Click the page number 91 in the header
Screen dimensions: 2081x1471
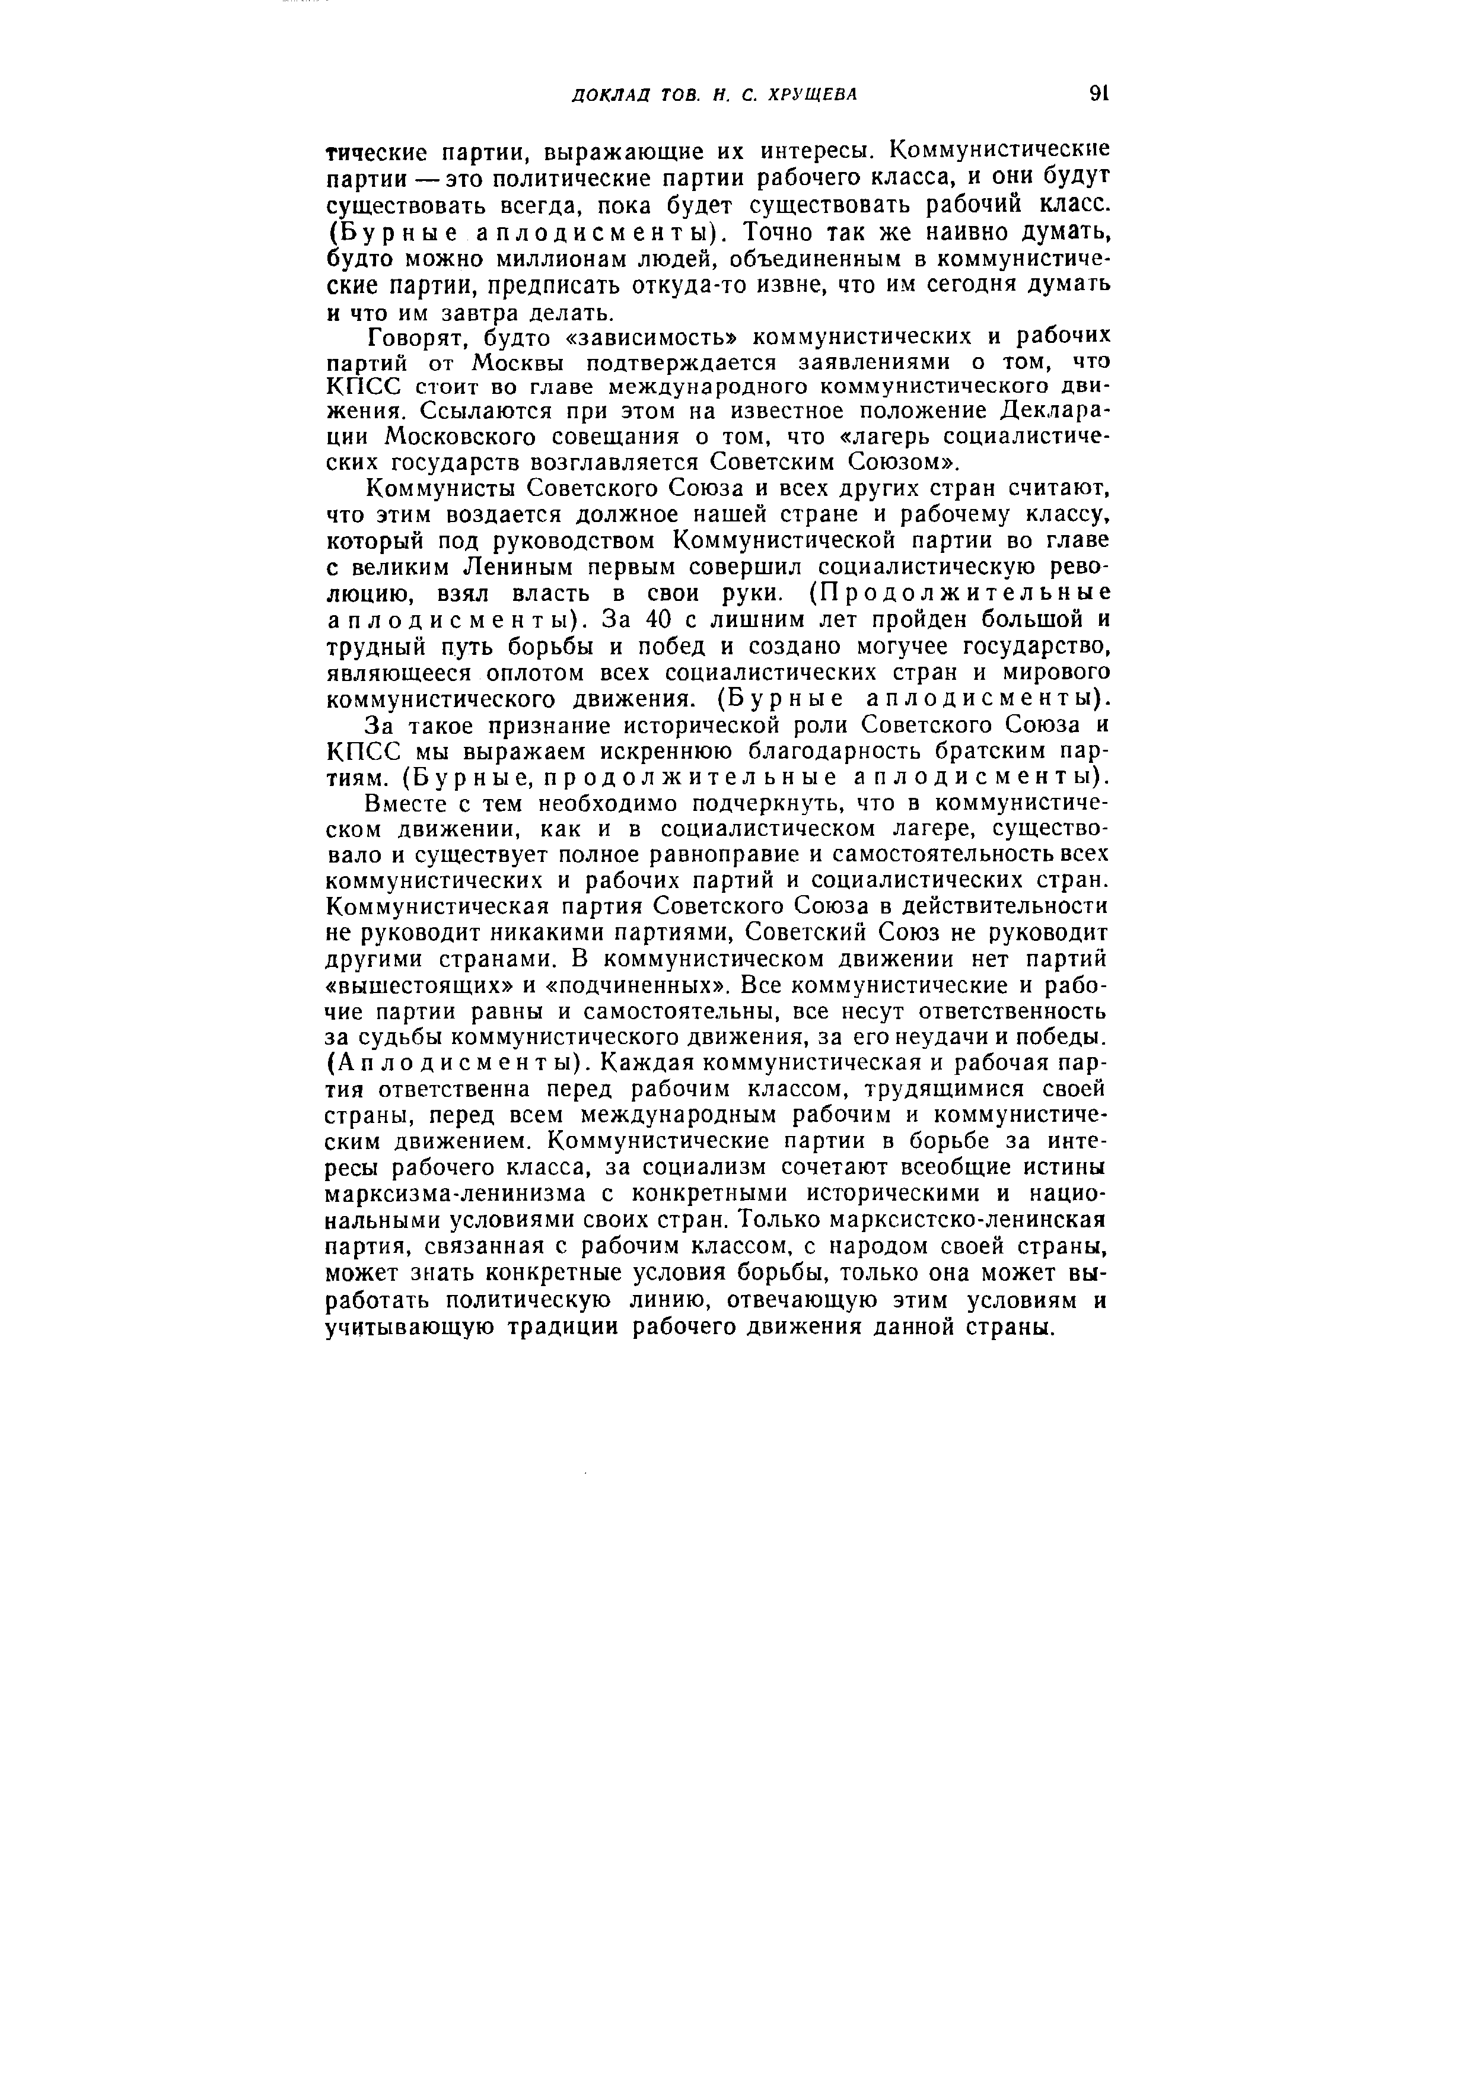1100,93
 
